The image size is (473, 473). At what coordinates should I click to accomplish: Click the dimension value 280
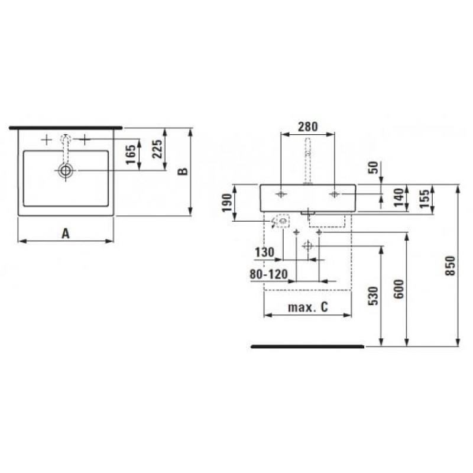click(x=308, y=126)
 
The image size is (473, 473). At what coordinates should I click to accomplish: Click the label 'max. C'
click(x=307, y=307)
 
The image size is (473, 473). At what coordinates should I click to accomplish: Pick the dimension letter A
click(x=66, y=234)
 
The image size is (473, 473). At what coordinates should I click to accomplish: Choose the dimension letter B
click(x=183, y=171)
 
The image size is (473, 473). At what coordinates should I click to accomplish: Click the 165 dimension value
click(x=131, y=155)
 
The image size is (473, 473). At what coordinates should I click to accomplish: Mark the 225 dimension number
click(x=157, y=151)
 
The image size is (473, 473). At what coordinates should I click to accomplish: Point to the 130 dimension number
click(x=264, y=252)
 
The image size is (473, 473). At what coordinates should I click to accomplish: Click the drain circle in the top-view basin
click(x=66, y=171)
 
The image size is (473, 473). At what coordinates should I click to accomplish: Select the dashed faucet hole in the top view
click(x=66, y=140)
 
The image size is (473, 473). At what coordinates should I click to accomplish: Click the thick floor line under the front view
click(x=307, y=346)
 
